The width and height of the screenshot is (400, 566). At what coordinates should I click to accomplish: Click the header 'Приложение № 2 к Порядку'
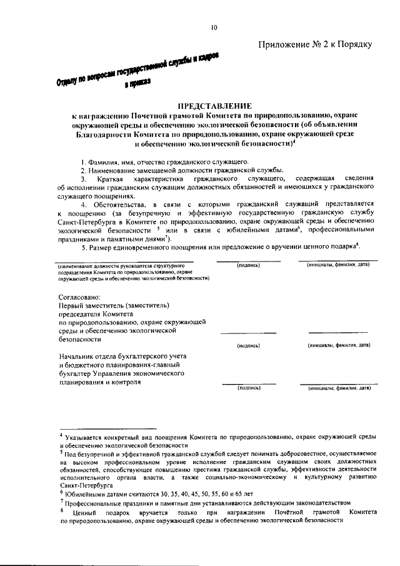[x=315, y=44]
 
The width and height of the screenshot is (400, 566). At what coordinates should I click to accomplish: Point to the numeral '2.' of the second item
[x=82, y=171]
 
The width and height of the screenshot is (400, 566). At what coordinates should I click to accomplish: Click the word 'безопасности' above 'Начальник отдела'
[x=79, y=339]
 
